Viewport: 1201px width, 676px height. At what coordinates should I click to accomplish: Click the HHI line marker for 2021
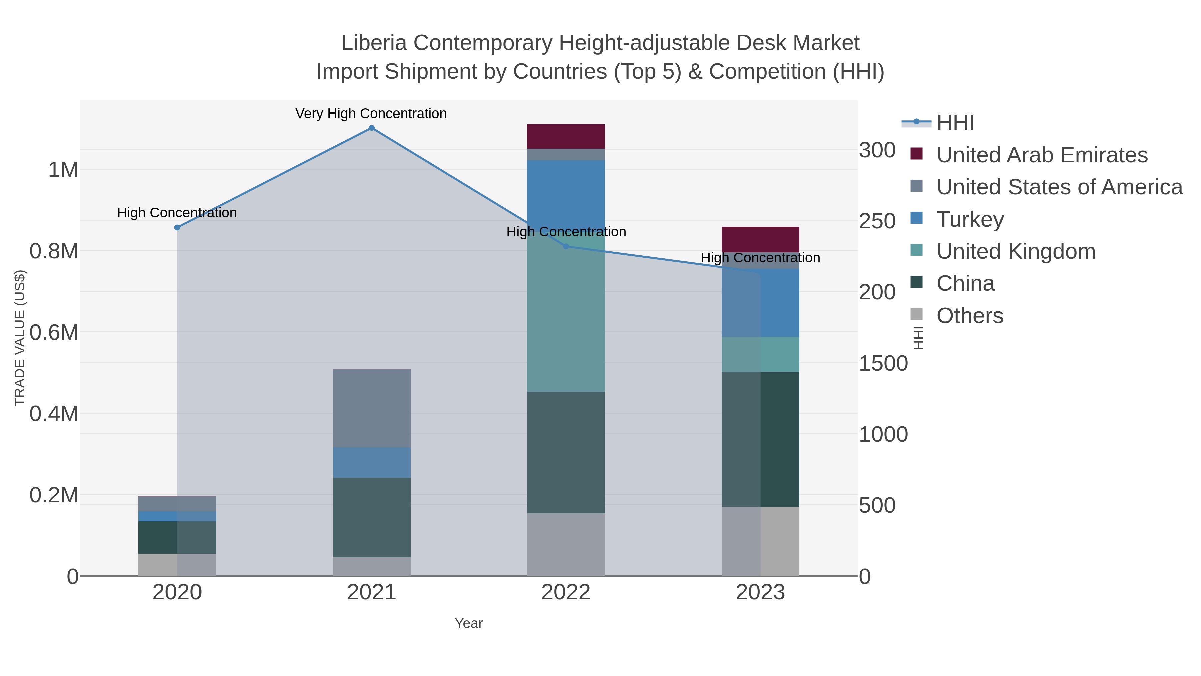tap(372, 128)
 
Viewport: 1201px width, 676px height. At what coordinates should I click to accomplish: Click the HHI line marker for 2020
tap(177, 228)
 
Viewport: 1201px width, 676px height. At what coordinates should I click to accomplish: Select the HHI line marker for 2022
tap(566, 246)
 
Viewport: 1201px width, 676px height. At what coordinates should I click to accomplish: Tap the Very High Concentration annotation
tap(371, 114)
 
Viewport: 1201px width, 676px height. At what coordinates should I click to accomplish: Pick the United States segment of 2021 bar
tap(372, 408)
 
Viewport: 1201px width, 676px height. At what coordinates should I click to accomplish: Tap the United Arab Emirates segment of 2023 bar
tap(760, 239)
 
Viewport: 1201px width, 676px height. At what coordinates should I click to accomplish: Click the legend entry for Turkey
tap(970, 219)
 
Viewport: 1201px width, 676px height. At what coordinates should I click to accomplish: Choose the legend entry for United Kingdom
tap(1016, 251)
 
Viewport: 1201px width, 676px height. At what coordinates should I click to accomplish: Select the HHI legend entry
tap(955, 123)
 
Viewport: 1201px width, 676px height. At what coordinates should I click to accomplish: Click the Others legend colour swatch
tap(917, 315)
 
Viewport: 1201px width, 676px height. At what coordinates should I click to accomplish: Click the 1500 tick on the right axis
tap(883, 364)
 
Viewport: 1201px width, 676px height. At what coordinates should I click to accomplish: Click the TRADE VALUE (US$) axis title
tap(20, 338)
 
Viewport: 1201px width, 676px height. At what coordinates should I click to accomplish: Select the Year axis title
tap(469, 623)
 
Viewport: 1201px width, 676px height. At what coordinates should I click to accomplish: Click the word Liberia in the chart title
tap(374, 43)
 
